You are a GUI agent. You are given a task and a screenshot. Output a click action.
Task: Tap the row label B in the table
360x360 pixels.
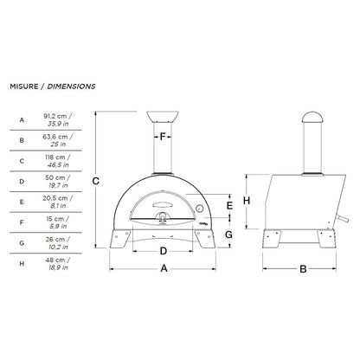[21, 139]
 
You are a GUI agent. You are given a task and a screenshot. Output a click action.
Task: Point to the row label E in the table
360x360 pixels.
[21, 202]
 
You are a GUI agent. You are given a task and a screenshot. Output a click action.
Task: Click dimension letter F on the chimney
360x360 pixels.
[162, 137]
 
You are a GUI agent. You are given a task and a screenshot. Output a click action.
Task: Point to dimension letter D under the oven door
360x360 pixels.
[163, 251]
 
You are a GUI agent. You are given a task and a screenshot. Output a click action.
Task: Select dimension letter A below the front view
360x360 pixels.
[163, 269]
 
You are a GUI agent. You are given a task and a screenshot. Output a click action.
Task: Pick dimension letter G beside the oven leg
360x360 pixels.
[228, 235]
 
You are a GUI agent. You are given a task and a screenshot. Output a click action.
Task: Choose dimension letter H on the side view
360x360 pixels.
[247, 201]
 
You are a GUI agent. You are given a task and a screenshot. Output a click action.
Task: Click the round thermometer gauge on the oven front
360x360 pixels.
[198, 209]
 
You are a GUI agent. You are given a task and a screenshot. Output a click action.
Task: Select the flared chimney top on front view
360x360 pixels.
[163, 117]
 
